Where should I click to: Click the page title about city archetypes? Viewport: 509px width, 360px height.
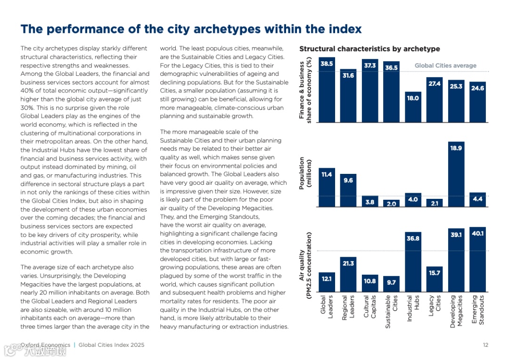point(191,29)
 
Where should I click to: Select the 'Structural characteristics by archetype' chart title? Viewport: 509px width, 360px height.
point(369,49)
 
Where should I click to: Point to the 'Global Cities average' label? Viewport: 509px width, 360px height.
point(445,65)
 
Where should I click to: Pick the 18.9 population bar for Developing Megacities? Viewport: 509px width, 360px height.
point(456,174)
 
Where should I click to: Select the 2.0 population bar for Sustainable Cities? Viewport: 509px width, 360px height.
point(391,204)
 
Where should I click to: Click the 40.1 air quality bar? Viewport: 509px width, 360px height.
point(477,260)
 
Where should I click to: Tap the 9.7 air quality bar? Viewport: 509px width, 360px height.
point(391,284)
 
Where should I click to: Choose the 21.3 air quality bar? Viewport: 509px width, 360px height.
point(348,274)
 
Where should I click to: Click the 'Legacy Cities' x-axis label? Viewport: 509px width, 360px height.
point(434,307)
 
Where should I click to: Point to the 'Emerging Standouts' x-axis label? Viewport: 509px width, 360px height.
point(477,310)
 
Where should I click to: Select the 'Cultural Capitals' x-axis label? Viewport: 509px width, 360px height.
point(369,307)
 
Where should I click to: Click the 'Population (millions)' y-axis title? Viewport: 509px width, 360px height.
point(306,173)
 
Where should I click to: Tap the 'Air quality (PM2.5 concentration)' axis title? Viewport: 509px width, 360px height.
point(306,257)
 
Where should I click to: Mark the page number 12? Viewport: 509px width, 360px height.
point(485,345)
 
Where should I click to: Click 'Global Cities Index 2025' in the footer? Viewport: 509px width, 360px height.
point(112,345)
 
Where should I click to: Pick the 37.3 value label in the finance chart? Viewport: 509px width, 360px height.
point(369,65)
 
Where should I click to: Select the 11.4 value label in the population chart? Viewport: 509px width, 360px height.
point(327,174)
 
